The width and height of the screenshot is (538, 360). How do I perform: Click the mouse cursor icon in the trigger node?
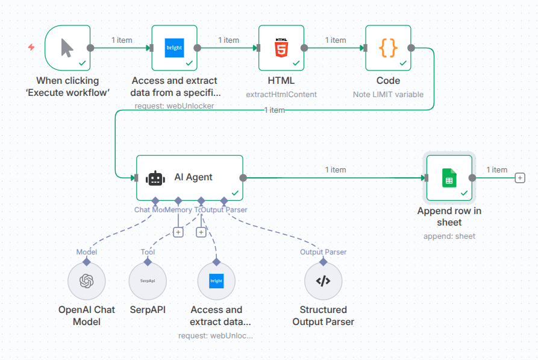pos(67,48)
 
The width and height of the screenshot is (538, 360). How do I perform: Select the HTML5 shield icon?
pos(281,48)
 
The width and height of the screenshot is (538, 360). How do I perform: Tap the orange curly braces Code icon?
pos(388,48)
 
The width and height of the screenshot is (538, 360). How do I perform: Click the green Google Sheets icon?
pos(449,178)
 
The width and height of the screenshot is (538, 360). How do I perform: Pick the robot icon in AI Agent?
pos(155,178)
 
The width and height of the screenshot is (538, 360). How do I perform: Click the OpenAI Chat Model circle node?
pos(87,281)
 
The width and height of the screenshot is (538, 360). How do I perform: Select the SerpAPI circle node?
pos(148,281)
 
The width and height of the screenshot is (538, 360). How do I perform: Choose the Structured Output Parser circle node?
pos(324,281)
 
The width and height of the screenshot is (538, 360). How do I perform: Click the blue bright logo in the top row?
pos(174,48)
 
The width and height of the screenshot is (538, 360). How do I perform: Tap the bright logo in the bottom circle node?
pos(216,281)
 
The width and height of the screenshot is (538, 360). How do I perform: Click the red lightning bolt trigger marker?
pos(31,48)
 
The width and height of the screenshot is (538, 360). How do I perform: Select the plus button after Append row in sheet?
pos(519,178)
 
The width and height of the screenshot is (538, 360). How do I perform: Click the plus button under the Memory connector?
pos(178,232)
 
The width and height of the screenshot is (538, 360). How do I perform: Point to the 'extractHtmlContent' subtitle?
pos(281,94)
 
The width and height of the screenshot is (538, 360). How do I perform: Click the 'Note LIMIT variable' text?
pos(388,94)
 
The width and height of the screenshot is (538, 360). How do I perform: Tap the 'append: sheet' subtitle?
pos(449,236)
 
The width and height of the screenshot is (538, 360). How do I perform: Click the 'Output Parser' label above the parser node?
pos(323,252)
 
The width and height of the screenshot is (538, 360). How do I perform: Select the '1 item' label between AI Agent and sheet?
pos(336,170)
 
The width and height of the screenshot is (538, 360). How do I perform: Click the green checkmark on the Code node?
pos(403,63)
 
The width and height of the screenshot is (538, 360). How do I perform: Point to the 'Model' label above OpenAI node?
pos(87,252)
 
